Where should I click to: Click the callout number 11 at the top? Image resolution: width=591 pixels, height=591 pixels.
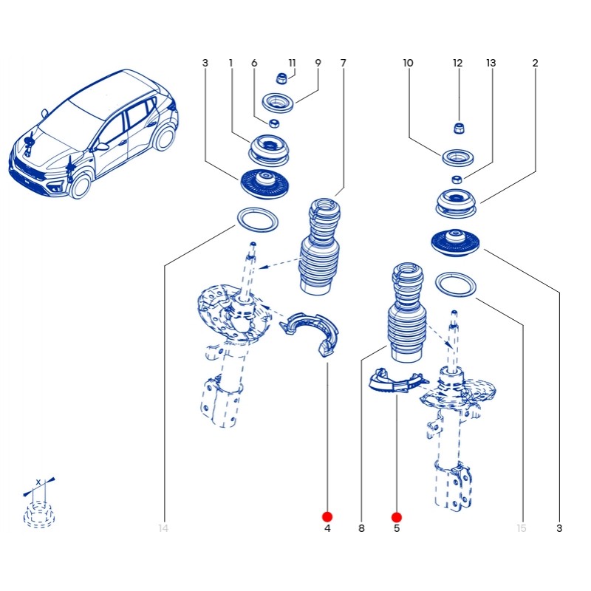click(x=292, y=64)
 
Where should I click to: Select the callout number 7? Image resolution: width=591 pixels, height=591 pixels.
click(x=343, y=64)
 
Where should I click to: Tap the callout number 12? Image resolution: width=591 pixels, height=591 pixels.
click(x=457, y=64)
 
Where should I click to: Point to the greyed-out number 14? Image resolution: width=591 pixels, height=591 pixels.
click(x=163, y=528)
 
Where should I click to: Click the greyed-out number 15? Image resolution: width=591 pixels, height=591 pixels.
click(x=522, y=528)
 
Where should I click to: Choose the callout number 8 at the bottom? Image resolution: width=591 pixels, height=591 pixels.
click(x=361, y=528)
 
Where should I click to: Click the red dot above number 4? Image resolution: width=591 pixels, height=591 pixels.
click(x=327, y=516)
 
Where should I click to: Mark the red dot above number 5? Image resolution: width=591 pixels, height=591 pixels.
click(x=397, y=517)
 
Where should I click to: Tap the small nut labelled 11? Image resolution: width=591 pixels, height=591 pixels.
click(x=281, y=78)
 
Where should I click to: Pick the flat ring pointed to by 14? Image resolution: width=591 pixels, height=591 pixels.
click(x=256, y=219)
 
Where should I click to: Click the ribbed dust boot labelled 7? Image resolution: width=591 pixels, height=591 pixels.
click(x=320, y=247)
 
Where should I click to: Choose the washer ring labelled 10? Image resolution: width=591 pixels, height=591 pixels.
click(x=459, y=157)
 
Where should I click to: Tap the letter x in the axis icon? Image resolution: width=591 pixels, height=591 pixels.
click(x=38, y=482)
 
